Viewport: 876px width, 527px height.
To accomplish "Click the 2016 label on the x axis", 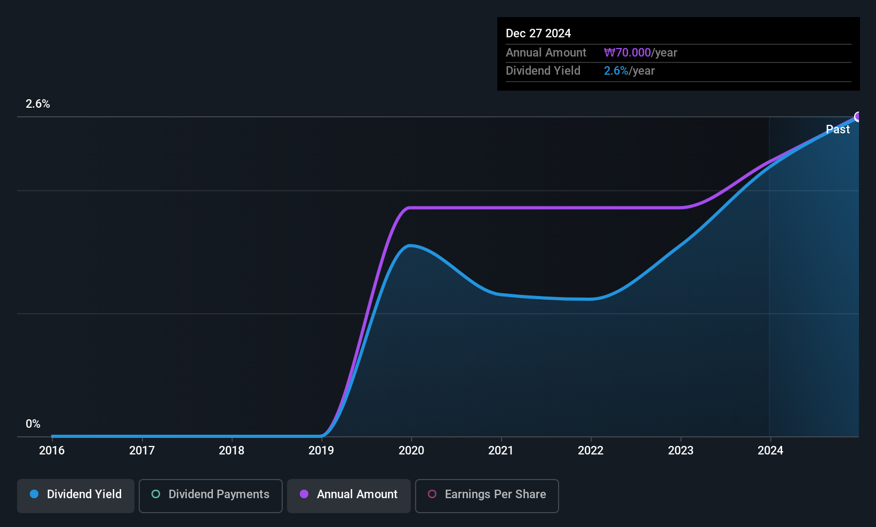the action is click(52, 450).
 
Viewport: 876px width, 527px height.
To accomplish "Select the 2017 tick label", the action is click(141, 450).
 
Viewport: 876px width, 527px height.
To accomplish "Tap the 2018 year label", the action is click(232, 450).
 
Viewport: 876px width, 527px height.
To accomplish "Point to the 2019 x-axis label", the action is click(321, 450).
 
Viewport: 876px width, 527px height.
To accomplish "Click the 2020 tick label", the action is click(411, 450).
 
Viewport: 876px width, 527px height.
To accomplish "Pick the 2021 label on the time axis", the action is click(500, 450).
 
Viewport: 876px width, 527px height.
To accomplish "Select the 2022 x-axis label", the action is click(591, 450).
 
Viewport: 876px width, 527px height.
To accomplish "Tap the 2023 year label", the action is click(680, 450).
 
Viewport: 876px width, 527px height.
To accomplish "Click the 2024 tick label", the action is click(770, 450).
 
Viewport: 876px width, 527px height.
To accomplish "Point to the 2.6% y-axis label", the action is click(37, 104).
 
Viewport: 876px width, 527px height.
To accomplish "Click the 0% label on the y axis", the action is click(33, 424).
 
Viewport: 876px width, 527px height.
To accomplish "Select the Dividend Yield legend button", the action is click(75, 496).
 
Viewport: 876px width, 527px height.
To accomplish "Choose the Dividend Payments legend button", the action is click(210, 496).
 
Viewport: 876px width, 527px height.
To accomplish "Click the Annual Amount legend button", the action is click(349, 496).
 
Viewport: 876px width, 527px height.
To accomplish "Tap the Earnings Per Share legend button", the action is click(487, 496).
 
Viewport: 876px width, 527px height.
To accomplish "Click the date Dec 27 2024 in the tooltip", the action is click(538, 34).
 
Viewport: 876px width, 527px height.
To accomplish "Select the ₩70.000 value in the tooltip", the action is click(627, 52).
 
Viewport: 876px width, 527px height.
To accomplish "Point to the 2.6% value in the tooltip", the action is click(616, 71).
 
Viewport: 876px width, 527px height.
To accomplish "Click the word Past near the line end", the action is click(838, 130).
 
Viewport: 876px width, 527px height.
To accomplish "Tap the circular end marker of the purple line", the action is click(858, 116).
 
